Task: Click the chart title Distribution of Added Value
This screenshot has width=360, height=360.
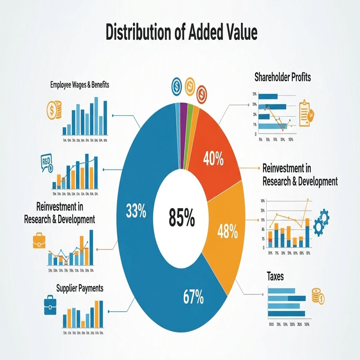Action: coord(181,33)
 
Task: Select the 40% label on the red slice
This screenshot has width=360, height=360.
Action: coord(213,159)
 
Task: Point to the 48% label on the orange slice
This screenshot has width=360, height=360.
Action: coord(228,231)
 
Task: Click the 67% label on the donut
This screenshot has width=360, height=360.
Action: coord(193,296)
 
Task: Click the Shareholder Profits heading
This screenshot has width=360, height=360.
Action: coord(283,76)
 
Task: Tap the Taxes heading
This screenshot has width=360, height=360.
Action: coord(275,276)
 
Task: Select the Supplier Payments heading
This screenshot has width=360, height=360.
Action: coord(80,288)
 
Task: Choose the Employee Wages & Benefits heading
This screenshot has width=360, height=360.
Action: coord(80,85)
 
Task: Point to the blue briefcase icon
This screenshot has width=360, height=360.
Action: coord(49,305)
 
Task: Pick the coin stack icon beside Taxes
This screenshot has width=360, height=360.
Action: coord(318,297)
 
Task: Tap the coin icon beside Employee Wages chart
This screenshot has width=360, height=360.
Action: coord(53,110)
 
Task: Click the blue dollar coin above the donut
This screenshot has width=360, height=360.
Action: coord(177,86)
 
